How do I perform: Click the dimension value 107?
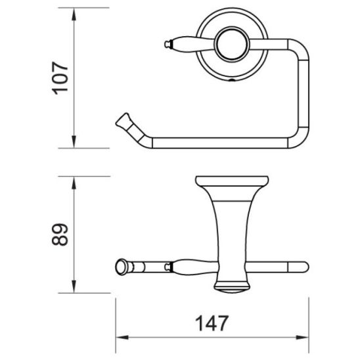click(x=61, y=78)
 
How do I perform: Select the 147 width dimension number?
click(x=212, y=324)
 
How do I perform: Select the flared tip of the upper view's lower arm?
click(x=124, y=120)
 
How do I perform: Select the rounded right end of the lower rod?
click(x=303, y=267)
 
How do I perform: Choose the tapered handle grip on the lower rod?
click(x=191, y=267)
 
